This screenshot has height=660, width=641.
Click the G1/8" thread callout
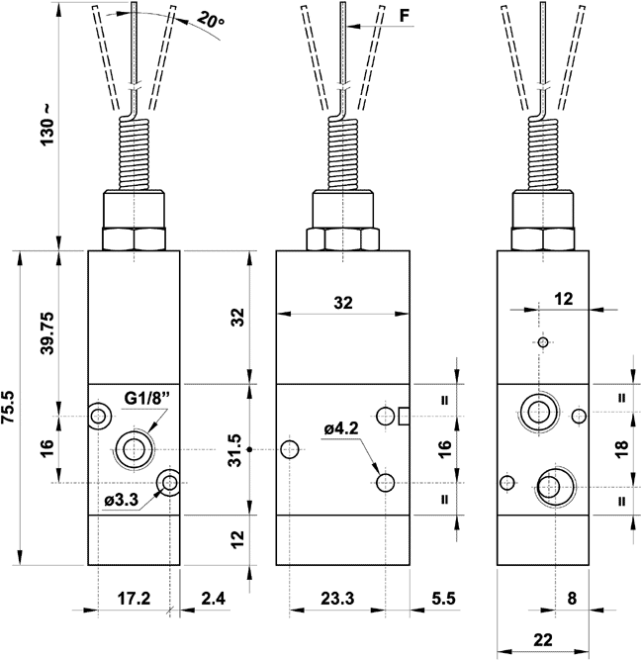click(147, 399)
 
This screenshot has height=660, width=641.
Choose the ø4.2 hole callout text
click(342, 428)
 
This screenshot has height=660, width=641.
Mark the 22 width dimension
click(542, 638)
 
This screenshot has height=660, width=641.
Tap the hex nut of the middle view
click(341, 238)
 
